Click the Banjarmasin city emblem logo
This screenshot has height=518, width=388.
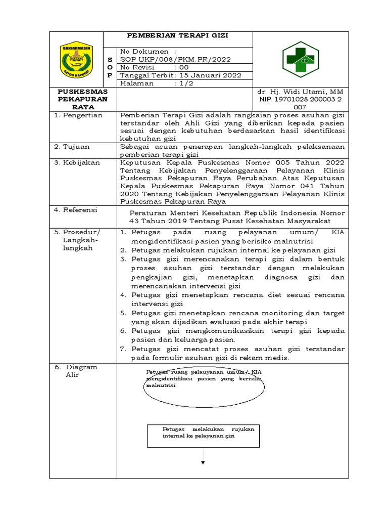[x=76, y=59]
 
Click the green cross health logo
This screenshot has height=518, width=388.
[x=300, y=60]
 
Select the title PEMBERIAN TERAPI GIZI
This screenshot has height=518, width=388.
[x=177, y=35]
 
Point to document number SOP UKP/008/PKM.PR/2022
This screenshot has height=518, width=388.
[x=175, y=59]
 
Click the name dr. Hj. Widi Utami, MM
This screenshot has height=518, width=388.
[x=300, y=92]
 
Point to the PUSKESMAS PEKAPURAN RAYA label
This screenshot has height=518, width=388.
[x=83, y=99]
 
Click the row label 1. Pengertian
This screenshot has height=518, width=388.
[x=78, y=115]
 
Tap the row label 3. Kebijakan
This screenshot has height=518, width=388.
[x=77, y=163]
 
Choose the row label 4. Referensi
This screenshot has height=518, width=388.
[x=76, y=210]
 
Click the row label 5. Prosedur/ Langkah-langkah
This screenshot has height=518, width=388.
[x=78, y=240]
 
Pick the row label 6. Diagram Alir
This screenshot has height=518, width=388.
[x=76, y=371]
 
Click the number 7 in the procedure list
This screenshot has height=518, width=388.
[x=123, y=349]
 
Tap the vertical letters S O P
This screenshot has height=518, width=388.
[x=110, y=67]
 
